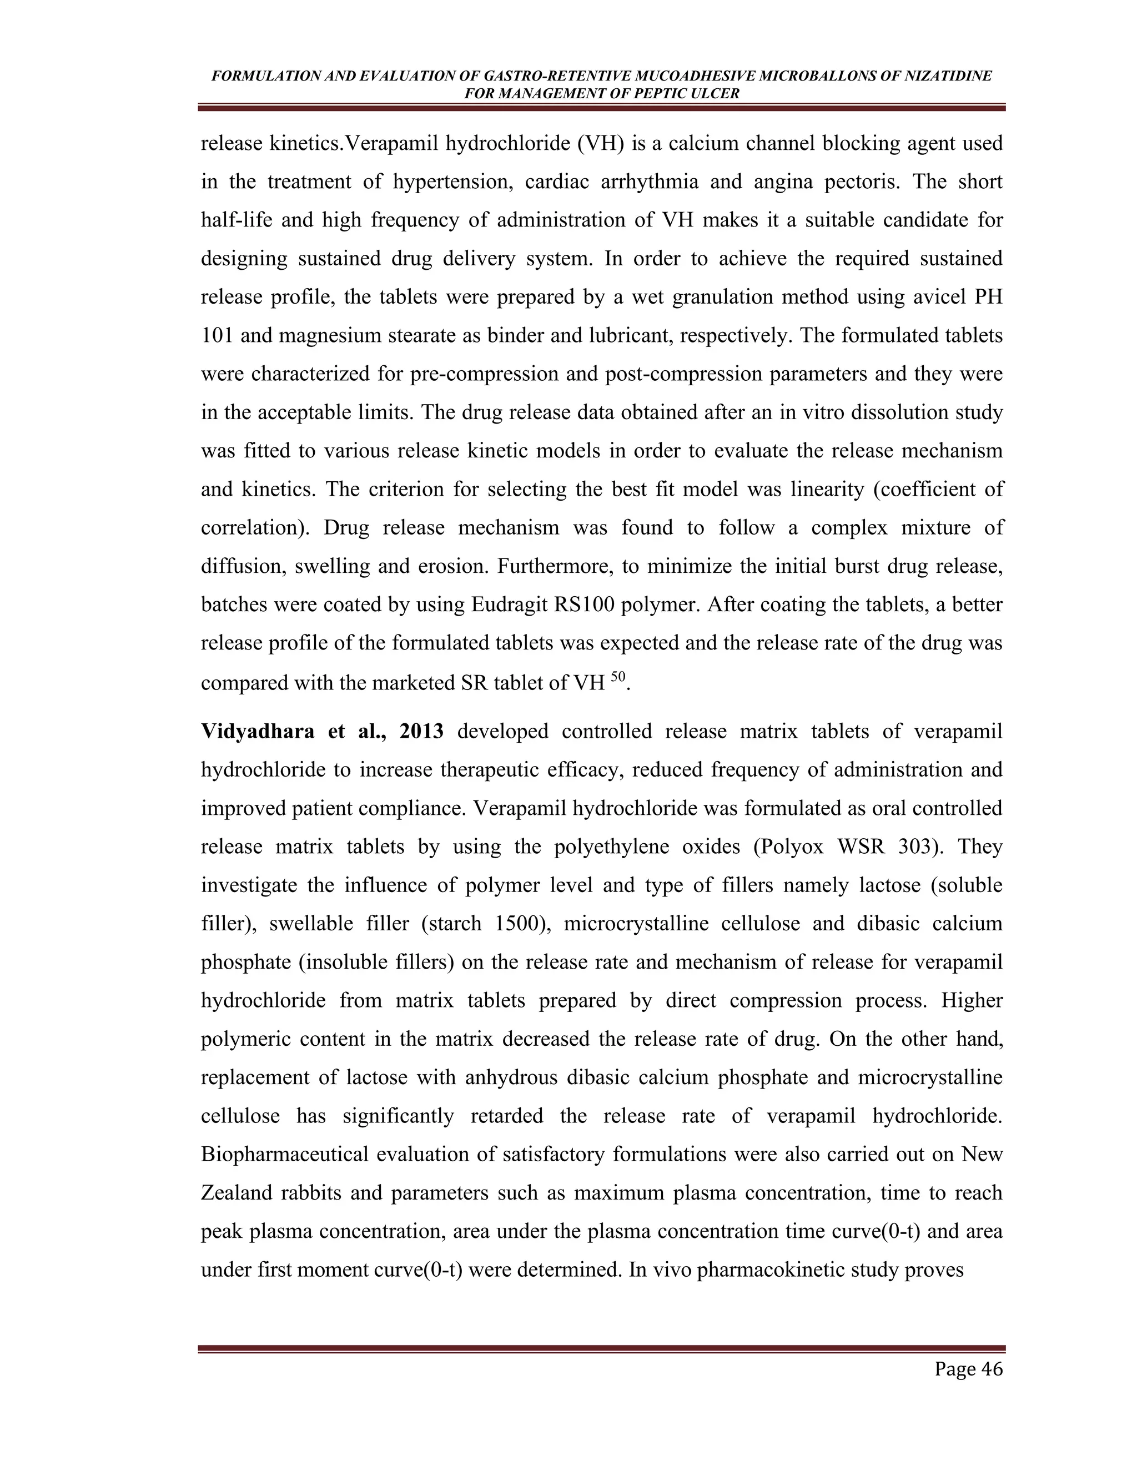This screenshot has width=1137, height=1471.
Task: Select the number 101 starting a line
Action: click(x=216, y=335)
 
